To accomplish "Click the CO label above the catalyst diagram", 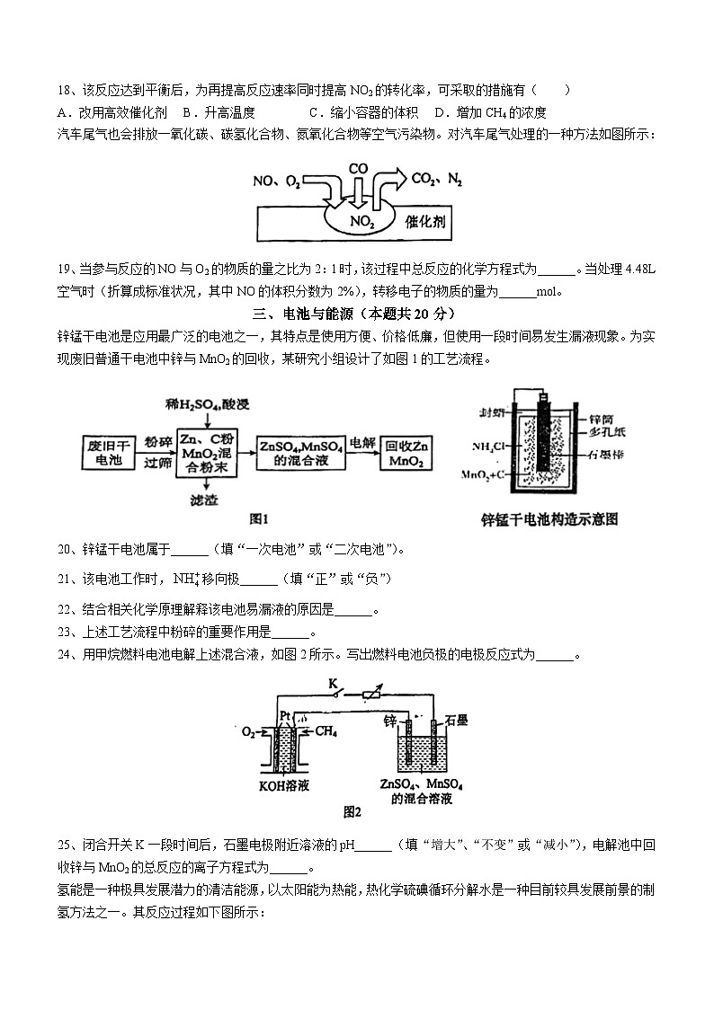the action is [358, 168].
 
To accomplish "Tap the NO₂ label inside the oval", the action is [361, 220].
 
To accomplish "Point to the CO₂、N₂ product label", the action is [436, 180].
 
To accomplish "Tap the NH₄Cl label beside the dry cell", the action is [488, 447].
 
